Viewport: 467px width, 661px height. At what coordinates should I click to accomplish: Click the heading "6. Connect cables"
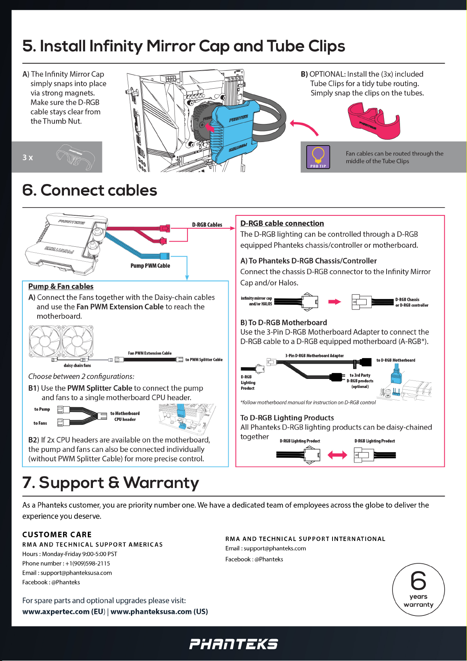(90, 191)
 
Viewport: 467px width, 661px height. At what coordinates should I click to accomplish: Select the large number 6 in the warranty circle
(418, 581)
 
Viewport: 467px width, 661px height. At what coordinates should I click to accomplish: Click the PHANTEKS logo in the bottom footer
(233, 644)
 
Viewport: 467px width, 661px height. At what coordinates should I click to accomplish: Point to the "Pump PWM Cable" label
(150, 266)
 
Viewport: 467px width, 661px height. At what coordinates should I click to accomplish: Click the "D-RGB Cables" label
(207, 225)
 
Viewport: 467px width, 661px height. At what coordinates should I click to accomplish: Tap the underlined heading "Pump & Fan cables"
(61, 286)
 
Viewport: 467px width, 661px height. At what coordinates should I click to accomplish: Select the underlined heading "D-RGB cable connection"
(282, 223)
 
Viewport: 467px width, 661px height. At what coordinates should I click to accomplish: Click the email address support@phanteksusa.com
(76, 573)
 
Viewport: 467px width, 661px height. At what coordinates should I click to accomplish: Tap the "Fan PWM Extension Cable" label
(150, 353)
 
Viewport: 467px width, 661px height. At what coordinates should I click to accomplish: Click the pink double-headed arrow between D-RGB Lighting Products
(337, 455)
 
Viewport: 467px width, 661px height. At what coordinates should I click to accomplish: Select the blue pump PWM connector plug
(165, 257)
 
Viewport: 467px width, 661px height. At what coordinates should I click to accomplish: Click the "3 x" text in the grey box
(28, 158)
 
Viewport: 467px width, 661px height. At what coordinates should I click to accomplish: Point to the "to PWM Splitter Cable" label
(204, 360)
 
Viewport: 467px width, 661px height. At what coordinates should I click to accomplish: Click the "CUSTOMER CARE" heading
(57, 535)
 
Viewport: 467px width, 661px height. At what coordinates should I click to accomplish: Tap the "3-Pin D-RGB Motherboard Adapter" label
(314, 356)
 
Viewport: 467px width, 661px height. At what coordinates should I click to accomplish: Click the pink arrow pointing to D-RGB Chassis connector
(334, 302)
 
